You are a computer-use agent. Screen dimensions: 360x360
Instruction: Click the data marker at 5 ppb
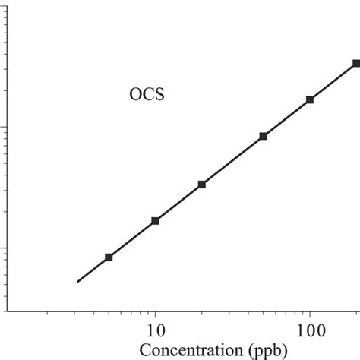click(109, 257)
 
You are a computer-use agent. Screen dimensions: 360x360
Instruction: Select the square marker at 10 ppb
click(155, 221)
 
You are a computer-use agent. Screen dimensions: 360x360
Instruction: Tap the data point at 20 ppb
click(202, 185)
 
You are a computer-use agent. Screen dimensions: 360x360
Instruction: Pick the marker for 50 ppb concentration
click(264, 136)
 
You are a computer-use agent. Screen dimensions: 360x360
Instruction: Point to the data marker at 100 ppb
click(310, 99)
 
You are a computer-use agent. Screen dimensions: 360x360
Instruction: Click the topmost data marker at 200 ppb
click(356, 64)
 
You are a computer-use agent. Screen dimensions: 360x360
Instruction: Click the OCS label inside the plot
click(147, 96)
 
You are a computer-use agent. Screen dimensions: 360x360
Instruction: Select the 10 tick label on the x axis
click(155, 330)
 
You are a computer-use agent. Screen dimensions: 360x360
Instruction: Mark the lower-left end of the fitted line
click(77, 282)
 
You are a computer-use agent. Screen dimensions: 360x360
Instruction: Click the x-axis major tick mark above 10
click(155, 307)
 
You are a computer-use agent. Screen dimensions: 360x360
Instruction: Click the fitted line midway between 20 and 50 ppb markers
click(232, 160)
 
